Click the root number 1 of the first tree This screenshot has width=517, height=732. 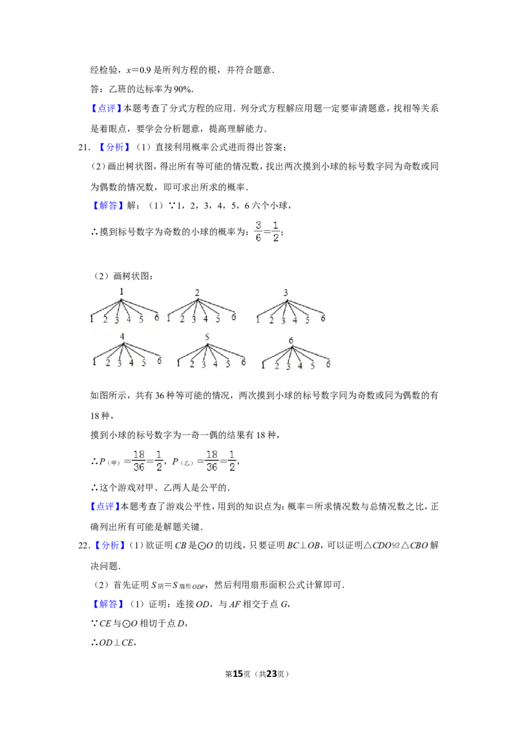pyautogui.click(x=121, y=292)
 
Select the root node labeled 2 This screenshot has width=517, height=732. pyautogui.click(x=197, y=293)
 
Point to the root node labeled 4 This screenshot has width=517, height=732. pyautogui.click(x=121, y=336)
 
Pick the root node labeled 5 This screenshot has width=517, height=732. pyautogui.click(x=207, y=337)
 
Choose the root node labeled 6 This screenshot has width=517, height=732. pyautogui.click(x=291, y=340)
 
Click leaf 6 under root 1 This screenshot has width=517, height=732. pyautogui.click(x=156, y=318)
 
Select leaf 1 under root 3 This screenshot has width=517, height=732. pyautogui.click(x=258, y=319)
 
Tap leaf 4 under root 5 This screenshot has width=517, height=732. pyautogui.click(x=216, y=363)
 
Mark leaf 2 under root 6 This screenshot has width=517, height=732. pyautogui.click(x=277, y=366)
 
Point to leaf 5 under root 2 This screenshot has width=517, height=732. pyautogui.click(x=218, y=319)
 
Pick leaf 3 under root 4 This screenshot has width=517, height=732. pyautogui.click(x=119, y=363)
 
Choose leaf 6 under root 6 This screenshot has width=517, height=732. pyautogui.click(x=328, y=364)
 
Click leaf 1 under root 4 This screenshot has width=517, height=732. pyautogui.click(x=94, y=362)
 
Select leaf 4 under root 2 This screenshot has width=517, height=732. pyautogui.click(x=206, y=319)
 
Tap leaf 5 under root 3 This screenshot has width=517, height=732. pyautogui.click(x=307, y=319)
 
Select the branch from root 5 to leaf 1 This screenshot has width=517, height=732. pyautogui.click(x=193, y=350)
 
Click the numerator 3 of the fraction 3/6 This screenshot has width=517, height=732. pyautogui.click(x=258, y=225)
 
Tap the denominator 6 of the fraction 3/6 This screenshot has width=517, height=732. pyautogui.click(x=258, y=237)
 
